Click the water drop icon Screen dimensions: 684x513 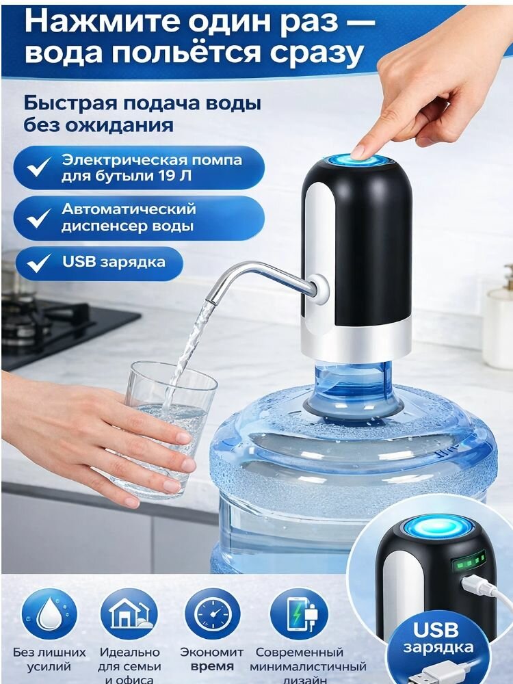[x=48, y=614]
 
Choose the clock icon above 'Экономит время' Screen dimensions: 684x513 [x=213, y=614]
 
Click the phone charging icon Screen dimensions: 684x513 [x=298, y=614]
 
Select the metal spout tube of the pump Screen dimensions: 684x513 [x=260, y=277]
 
